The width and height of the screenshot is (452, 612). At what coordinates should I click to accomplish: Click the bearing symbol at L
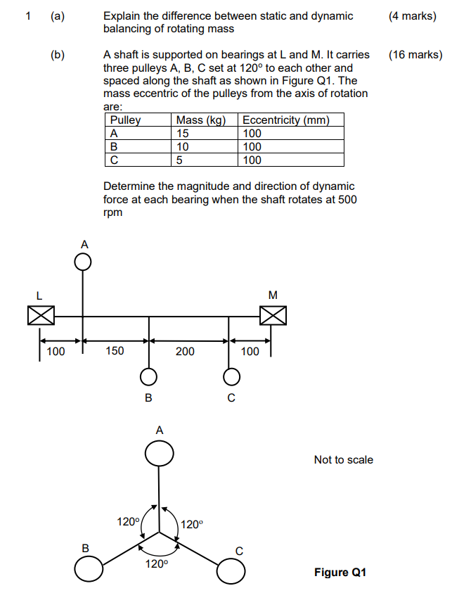(x=41, y=317)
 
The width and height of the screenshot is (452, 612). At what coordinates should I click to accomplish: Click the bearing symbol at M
(x=273, y=317)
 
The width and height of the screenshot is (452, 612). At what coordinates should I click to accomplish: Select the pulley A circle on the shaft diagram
(x=83, y=262)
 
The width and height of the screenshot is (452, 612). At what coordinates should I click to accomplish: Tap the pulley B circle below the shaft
(x=148, y=378)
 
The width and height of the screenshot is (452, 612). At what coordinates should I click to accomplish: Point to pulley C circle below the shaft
(x=230, y=378)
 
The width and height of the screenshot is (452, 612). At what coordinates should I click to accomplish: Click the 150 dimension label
(x=115, y=350)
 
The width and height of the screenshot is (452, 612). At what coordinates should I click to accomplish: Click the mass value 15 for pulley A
(x=183, y=133)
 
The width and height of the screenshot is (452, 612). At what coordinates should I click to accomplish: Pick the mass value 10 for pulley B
(x=183, y=146)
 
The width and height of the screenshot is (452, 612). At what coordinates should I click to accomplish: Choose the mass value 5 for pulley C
(x=180, y=160)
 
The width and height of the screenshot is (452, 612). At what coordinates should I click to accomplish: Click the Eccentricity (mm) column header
(x=285, y=120)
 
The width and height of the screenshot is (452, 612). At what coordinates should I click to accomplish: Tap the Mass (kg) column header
(x=201, y=120)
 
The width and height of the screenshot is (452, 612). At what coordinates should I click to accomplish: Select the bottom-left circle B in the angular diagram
(x=89, y=569)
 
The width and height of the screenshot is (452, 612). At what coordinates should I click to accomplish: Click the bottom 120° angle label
(x=157, y=564)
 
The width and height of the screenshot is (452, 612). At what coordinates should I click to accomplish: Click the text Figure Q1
(x=340, y=572)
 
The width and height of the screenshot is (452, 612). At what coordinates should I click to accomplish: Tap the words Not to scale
(x=343, y=459)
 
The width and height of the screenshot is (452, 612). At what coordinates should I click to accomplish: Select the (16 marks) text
(x=415, y=54)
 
